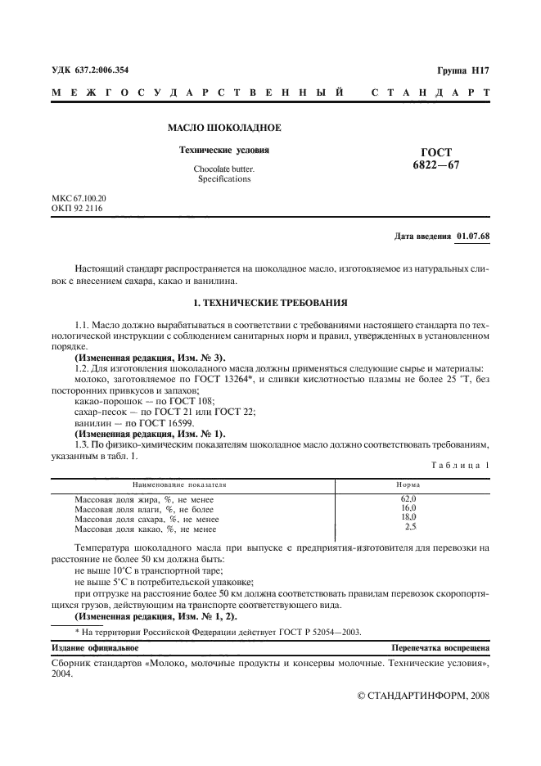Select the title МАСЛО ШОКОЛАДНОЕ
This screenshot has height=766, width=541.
pos(224,128)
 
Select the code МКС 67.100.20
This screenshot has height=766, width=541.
pos(79,199)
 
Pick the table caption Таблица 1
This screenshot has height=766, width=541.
pos(460,466)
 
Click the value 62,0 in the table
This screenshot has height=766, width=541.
pos(408,498)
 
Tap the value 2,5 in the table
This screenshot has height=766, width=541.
pos(410,528)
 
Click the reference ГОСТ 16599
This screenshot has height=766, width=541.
pos(166,423)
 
